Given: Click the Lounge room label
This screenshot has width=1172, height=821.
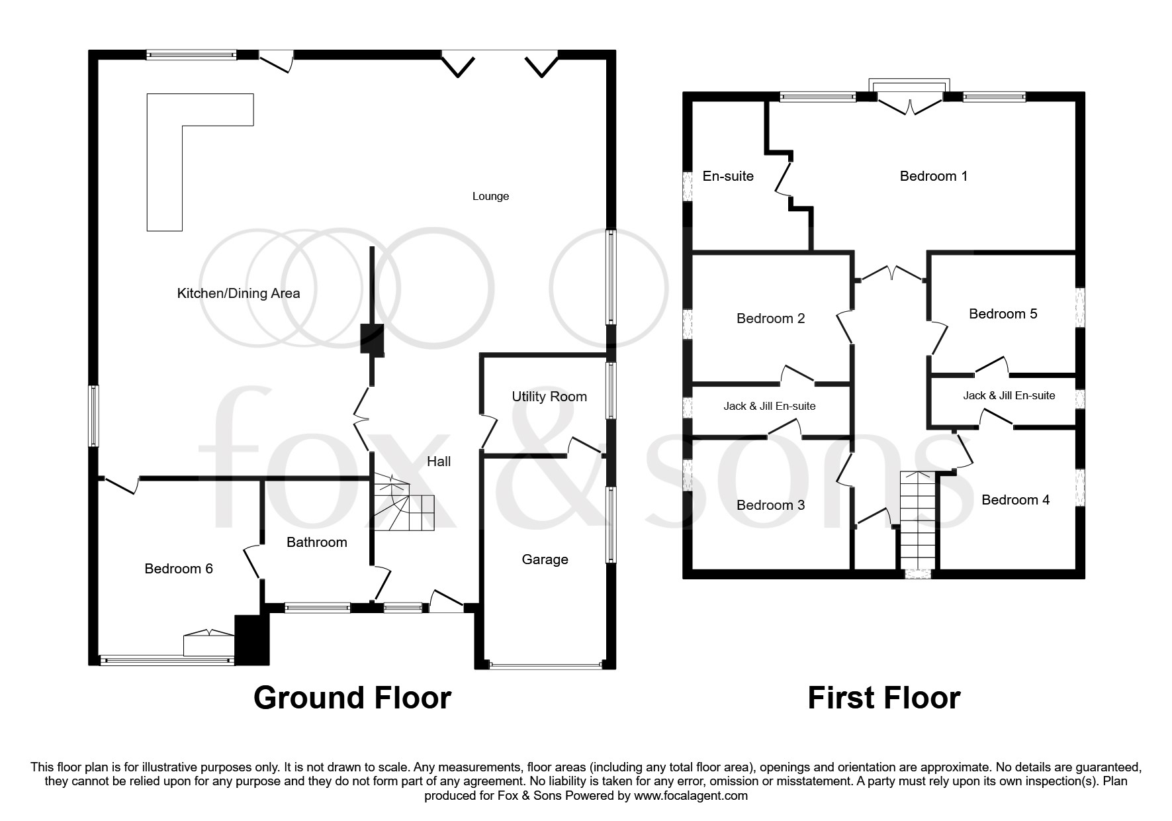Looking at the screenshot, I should tap(490, 196).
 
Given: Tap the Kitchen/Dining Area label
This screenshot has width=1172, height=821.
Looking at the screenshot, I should tap(238, 293).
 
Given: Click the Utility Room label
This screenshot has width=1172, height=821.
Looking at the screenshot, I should tap(549, 397).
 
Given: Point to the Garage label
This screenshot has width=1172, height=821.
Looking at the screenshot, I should tap(545, 559).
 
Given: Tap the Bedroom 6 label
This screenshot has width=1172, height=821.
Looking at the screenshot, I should tap(179, 569).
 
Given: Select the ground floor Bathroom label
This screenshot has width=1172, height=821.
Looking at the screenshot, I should tap(316, 542).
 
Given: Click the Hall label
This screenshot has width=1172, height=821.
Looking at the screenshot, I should tap(439, 461).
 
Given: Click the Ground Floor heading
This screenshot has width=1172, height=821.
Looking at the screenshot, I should tap(352, 698).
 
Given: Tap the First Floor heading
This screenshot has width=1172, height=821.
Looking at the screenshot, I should tap(883, 698).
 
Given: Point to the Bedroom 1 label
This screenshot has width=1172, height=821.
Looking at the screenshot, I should tap(933, 176).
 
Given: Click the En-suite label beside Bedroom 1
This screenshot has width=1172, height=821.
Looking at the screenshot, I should tap(728, 176).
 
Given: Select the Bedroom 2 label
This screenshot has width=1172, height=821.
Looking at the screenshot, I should tap(770, 318).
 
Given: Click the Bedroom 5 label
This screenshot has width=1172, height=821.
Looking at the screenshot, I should tap(1003, 314).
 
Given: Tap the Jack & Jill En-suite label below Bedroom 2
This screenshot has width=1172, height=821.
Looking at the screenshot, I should tap(769, 406).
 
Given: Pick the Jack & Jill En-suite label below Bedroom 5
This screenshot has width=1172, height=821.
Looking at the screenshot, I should tap(1009, 395).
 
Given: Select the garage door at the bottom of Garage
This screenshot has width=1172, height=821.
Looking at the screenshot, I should tap(545, 665).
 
